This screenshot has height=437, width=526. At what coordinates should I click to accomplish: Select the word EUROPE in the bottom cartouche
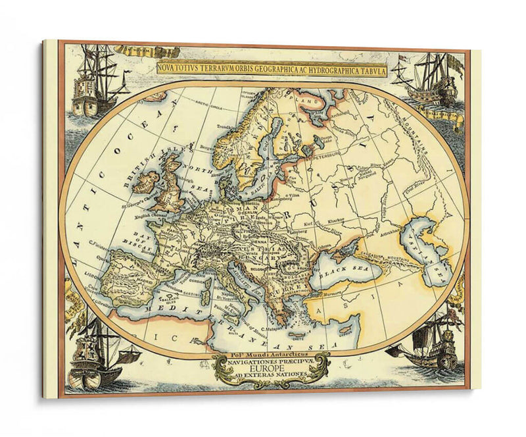[x=271, y=370]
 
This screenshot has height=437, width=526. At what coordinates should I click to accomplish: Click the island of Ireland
[x=147, y=182]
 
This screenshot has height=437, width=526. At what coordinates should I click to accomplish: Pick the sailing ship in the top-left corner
[x=93, y=82]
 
